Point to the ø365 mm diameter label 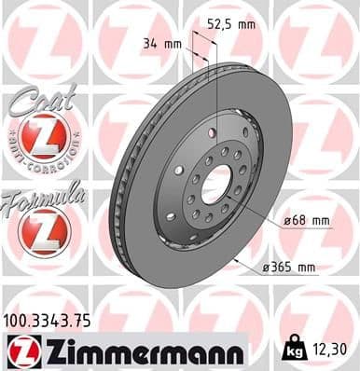[x=289, y=268]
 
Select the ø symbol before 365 [x=264, y=268]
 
